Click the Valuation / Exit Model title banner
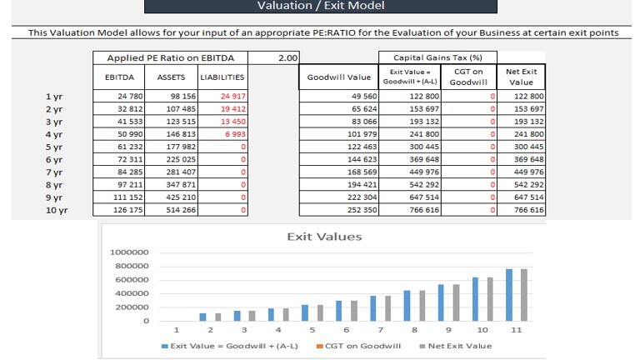point(320,6)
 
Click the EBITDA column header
point(119,77)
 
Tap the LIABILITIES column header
point(223,77)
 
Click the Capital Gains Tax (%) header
point(439,57)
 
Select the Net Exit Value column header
point(521,77)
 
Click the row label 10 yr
point(56,210)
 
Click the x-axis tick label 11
point(517,330)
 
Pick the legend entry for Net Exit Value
point(455,346)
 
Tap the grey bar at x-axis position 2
point(217,317)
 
